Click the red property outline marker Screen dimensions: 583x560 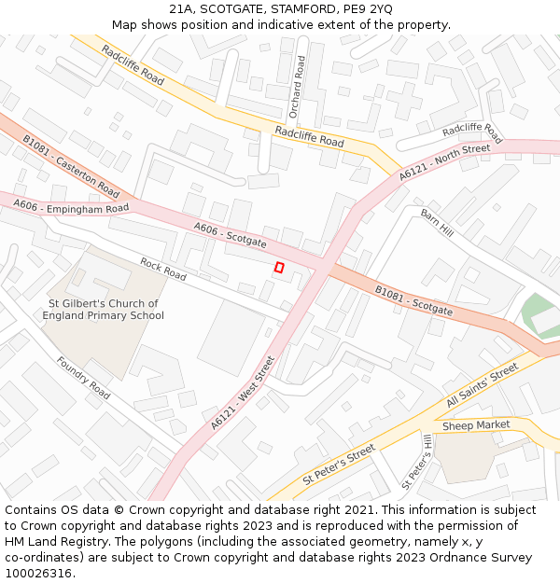(x=278, y=268)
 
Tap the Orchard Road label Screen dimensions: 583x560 (x=298, y=87)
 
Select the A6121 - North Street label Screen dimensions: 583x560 (x=444, y=162)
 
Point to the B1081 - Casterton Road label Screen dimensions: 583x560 (x=71, y=165)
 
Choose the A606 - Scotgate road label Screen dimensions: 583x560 (x=230, y=235)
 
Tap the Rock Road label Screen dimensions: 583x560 (x=163, y=270)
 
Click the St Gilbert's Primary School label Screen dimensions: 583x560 (x=103, y=310)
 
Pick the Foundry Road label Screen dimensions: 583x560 (x=82, y=378)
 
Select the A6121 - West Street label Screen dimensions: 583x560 (x=243, y=393)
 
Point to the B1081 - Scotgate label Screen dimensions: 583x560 (x=413, y=300)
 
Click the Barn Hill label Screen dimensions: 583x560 (x=436, y=223)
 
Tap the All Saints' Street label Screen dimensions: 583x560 (x=482, y=385)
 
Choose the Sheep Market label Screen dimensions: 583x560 (x=476, y=425)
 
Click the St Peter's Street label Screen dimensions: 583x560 (x=338, y=465)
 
